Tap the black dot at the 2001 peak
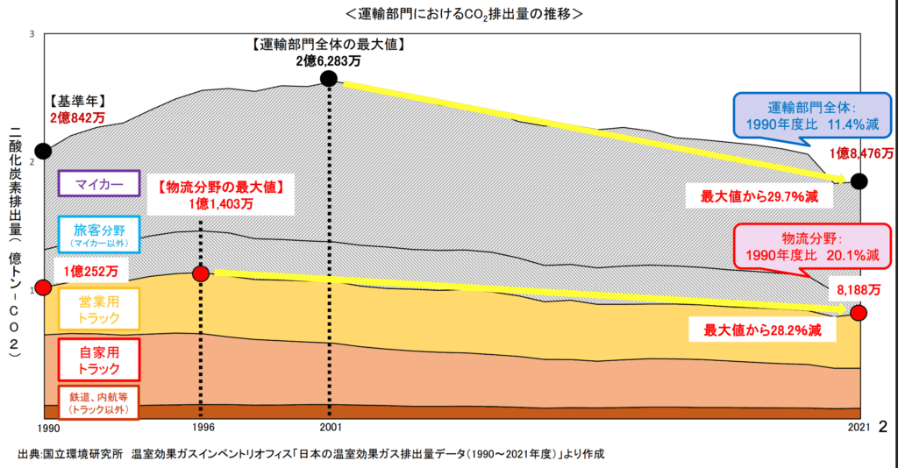329,79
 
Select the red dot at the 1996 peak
201,273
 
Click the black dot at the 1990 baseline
43,151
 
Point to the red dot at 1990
43,287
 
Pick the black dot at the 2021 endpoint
859,181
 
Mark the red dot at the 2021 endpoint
859,313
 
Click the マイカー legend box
98,183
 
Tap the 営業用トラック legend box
98,308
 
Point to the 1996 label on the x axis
201,427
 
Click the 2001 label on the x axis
329,427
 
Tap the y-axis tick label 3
32,33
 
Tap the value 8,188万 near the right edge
859,289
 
